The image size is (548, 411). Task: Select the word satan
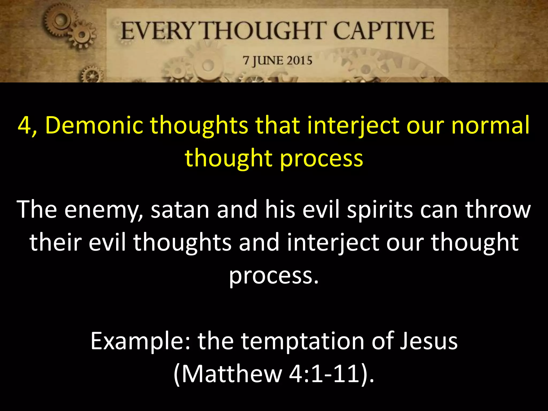pos(180,210)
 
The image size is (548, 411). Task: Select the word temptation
pos(303,341)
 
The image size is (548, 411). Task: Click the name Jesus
pos(429,341)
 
